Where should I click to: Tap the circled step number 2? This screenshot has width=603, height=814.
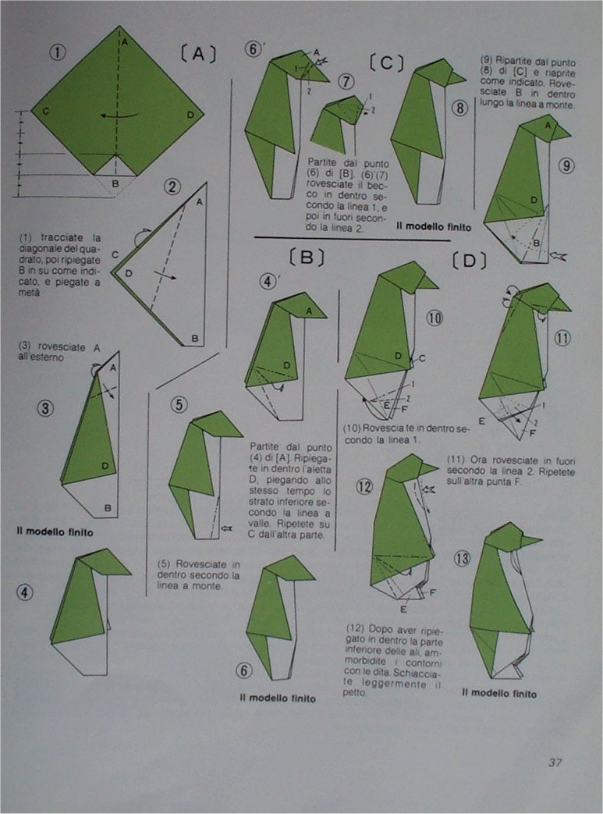(x=173, y=187)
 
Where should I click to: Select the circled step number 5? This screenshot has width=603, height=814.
(x=179, y=404)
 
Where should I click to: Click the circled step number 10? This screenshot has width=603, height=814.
(x=435, y=318)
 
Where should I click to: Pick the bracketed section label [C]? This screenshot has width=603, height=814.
(x=385, y=62)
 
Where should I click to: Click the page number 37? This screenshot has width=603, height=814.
(x=555, y=762)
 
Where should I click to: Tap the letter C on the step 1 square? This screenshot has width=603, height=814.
(x=46, y=112)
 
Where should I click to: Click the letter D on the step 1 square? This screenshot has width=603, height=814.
(x=190, y=114)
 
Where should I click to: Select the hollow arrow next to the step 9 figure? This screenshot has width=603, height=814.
(x=570, y=254)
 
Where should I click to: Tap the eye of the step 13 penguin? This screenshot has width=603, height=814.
(x=514, y=539)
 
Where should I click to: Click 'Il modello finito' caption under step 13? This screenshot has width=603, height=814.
(x=499, y=692)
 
